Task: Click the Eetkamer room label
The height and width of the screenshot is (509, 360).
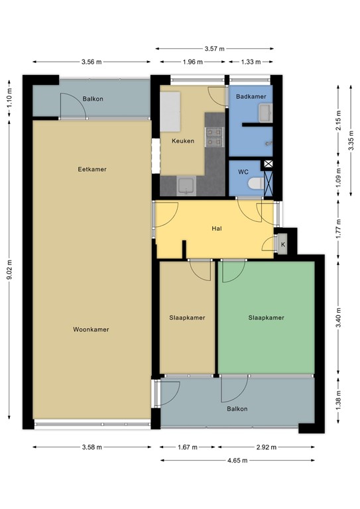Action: [x=91, y=169]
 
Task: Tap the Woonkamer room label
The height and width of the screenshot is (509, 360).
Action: [x=91, y=329]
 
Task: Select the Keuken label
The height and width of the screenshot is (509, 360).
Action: [x=183, y=141]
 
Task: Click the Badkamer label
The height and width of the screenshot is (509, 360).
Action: [x=251, y=97]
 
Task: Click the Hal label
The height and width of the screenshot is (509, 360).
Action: [x=216, y=229]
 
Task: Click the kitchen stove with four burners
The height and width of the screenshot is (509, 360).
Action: [x=213, y=136]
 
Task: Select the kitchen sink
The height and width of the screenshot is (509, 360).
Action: [x=186, y=185]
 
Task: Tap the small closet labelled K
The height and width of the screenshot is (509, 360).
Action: [x=283, y=244]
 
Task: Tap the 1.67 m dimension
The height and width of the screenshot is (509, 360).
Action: [x=188, y=447]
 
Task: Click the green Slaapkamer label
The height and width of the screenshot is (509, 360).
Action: [x=266, y=317]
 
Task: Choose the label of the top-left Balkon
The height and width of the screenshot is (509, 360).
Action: [x=93, y=99]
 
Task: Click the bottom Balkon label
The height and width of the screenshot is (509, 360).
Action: [x=237, y=409]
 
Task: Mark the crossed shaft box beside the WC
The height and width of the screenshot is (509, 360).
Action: [x=268, y=164]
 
